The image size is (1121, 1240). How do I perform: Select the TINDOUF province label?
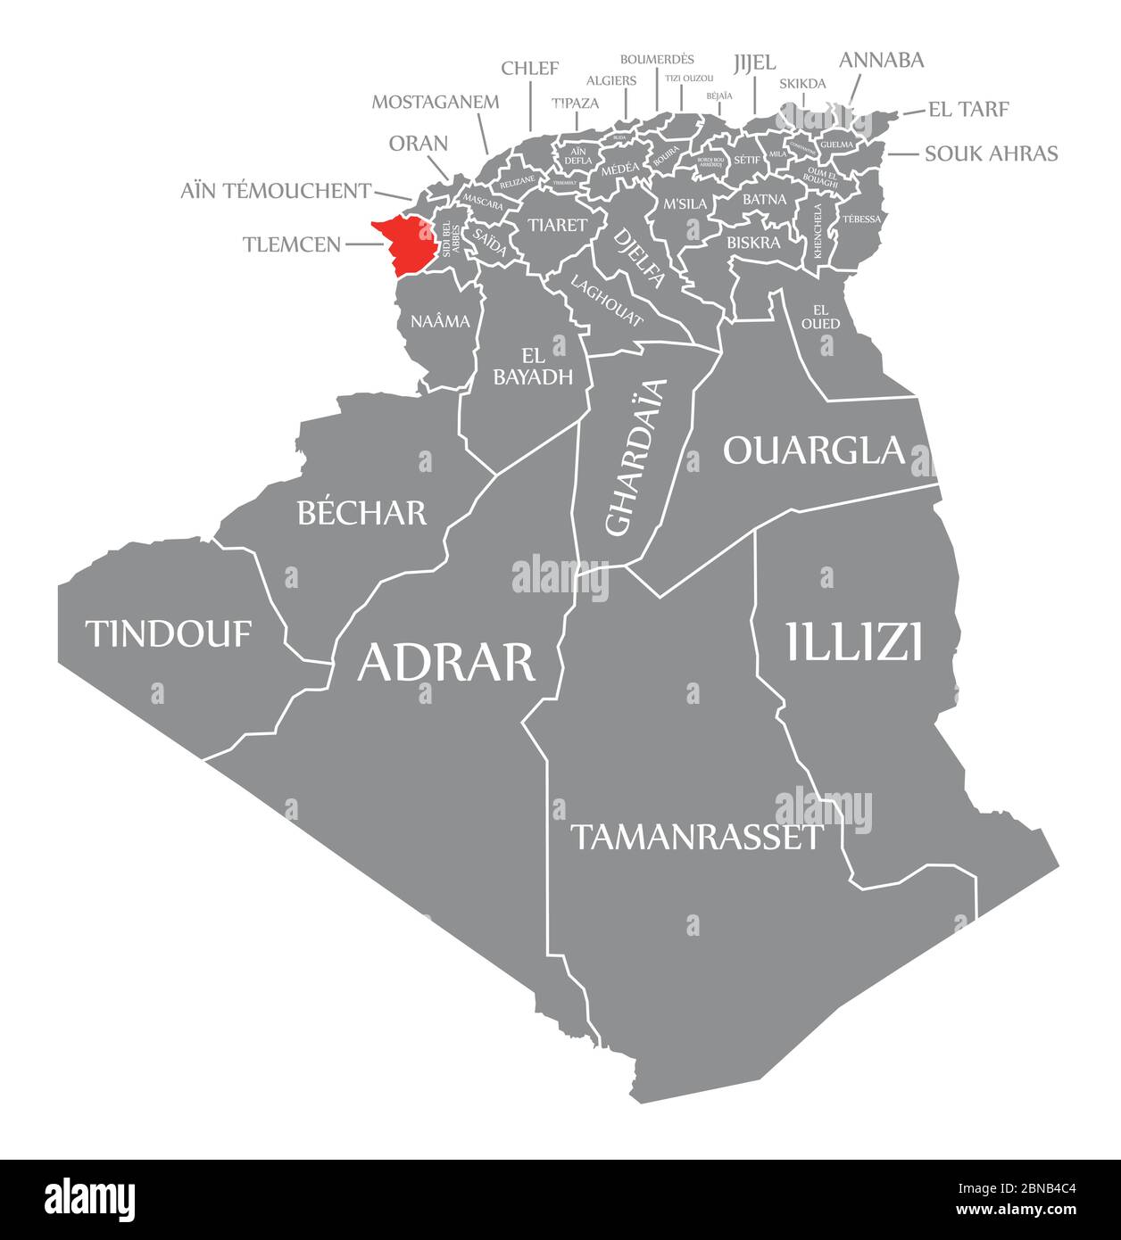168,633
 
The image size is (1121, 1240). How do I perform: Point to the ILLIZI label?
853,641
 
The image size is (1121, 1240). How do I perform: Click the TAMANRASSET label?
695,837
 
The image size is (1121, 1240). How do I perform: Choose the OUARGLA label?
813,451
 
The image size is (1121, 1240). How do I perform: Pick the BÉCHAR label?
361,512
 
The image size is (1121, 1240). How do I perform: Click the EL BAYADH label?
533,366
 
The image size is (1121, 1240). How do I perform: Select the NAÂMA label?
440,321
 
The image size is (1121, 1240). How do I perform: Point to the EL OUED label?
820,317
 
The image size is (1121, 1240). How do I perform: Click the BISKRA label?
753,242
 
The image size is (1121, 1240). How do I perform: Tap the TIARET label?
557,224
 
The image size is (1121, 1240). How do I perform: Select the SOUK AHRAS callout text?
991,153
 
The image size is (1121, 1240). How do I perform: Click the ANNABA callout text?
881,60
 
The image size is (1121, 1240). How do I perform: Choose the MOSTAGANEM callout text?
436,101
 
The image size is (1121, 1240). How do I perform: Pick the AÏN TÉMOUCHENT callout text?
276,190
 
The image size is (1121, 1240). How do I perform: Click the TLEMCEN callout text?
291,244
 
